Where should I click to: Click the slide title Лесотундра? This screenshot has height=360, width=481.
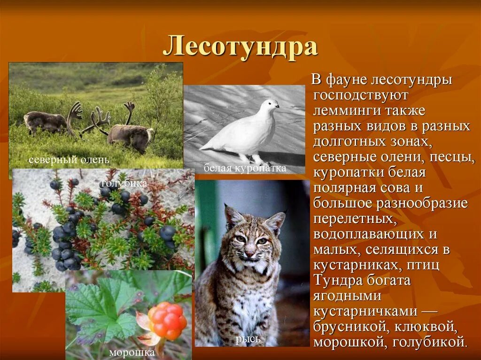tap(240, 47)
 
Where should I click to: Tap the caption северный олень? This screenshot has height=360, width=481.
tap(69, 160)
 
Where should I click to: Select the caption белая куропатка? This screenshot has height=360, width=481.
tap(245, 168)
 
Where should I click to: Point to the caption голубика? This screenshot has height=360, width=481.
tap(124, 183)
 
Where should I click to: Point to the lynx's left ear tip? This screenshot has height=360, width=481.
tap(227, 207)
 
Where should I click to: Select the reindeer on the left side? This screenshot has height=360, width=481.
tap(47, 121)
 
